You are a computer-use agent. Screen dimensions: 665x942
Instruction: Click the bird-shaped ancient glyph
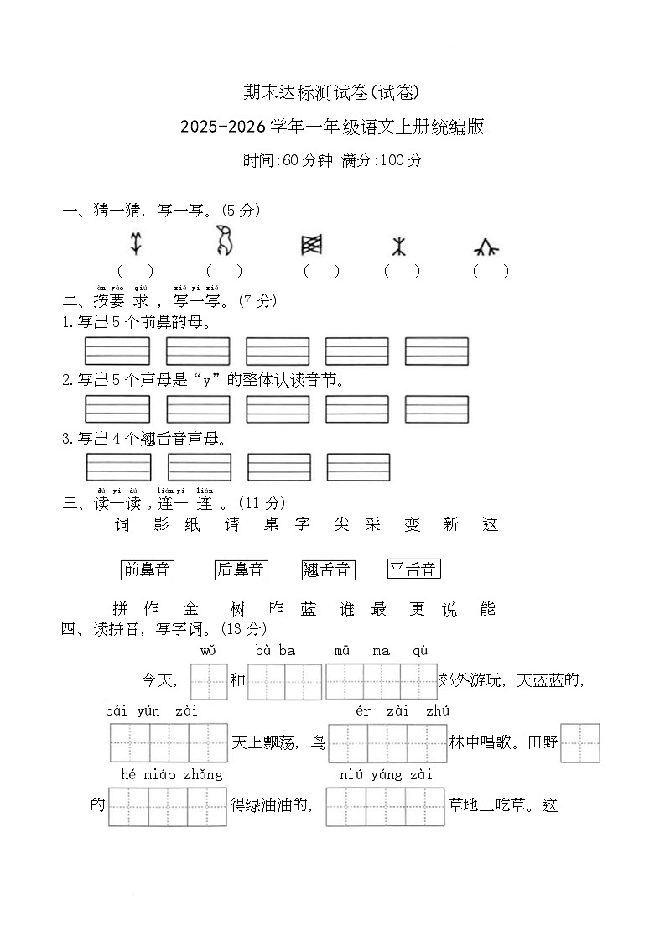224,241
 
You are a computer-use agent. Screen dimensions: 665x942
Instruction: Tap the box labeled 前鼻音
147,570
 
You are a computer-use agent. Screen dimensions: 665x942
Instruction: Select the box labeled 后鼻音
240,570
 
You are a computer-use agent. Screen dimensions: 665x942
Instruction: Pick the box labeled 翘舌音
328,570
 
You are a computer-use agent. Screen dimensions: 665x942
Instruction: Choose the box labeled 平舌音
414,570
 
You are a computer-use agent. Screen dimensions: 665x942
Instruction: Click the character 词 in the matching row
122,525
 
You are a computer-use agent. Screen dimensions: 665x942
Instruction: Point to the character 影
163,525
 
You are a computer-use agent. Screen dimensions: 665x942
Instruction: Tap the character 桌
271,525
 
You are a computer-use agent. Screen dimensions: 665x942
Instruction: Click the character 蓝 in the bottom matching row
309,610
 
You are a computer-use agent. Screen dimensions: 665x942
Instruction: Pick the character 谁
347,610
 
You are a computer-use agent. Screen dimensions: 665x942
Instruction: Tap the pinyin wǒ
209,651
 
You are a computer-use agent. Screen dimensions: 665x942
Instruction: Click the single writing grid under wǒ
209,681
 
